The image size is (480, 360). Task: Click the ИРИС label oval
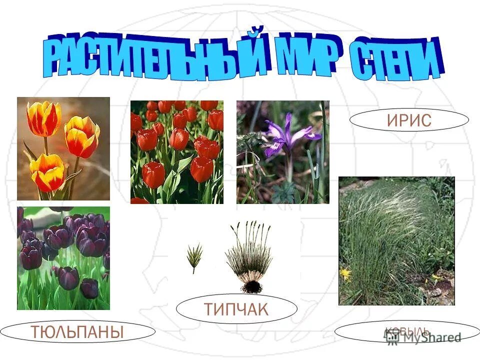coord(408,120)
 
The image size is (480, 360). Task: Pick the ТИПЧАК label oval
coord(236,309)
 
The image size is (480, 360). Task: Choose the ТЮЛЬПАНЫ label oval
coord(77,331)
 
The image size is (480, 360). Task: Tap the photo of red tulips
coord(176,152)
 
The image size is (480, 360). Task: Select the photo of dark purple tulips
coord(63,258)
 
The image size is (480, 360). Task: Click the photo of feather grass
coord(396,240)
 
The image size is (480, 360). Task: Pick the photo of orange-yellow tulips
coord(63,148)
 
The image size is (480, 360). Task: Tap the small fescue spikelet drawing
coord(194,255)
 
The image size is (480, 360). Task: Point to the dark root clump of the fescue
coord(251,286)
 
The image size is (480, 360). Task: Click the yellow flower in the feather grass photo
coord(345,273)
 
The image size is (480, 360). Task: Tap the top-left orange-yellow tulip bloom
coord(44,118)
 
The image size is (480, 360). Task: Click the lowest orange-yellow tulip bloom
coord(47,172)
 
